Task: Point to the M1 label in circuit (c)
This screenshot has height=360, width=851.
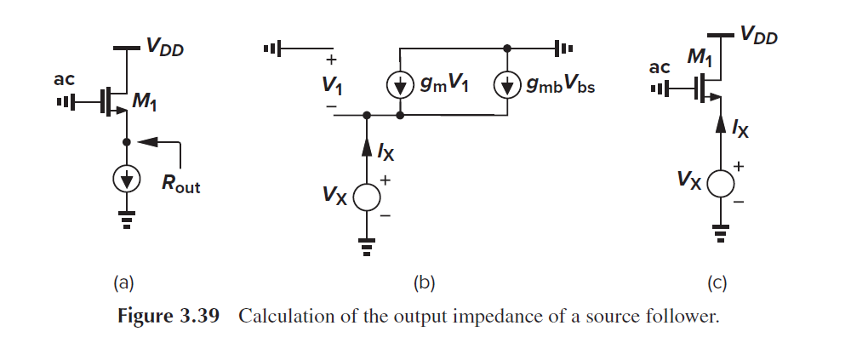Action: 700,58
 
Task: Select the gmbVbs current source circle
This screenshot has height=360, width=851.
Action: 507,84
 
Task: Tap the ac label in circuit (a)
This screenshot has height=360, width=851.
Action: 65,80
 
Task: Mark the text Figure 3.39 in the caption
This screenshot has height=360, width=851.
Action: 168,317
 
